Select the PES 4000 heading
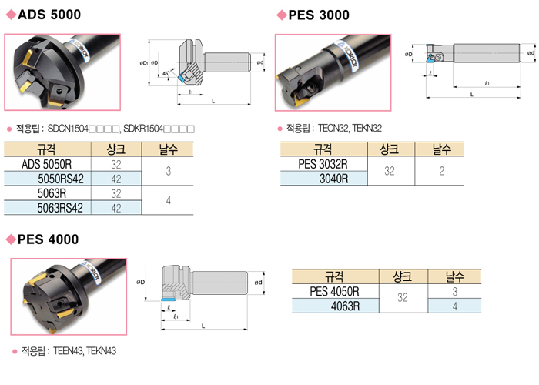[x=48, y=239]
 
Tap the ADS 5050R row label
[x=47, y=164]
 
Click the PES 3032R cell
[x=323, y=163]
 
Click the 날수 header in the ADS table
[x=168, y=149]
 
